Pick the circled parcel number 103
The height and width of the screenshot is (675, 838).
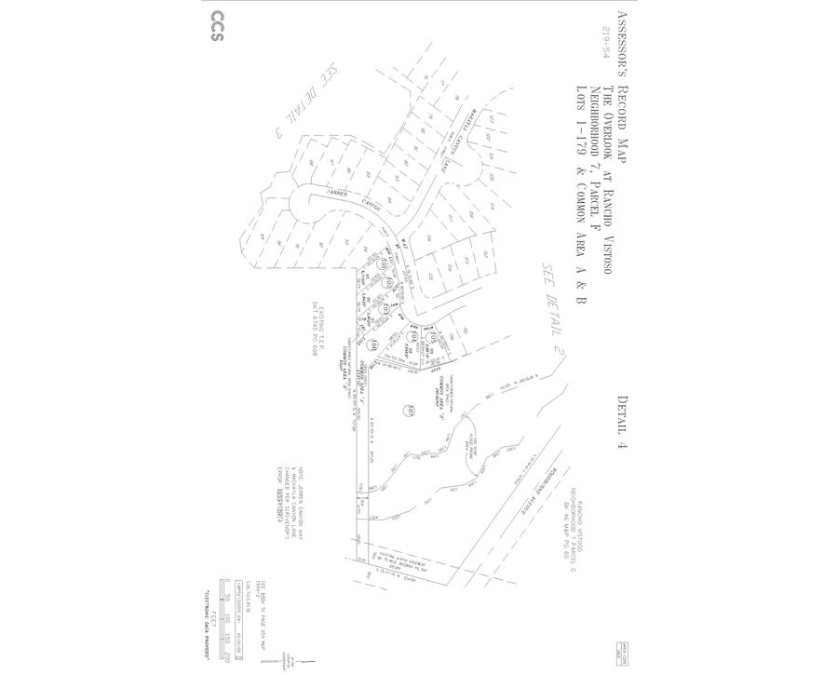click(384, 306)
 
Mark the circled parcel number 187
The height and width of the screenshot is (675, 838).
click(408, 410)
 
